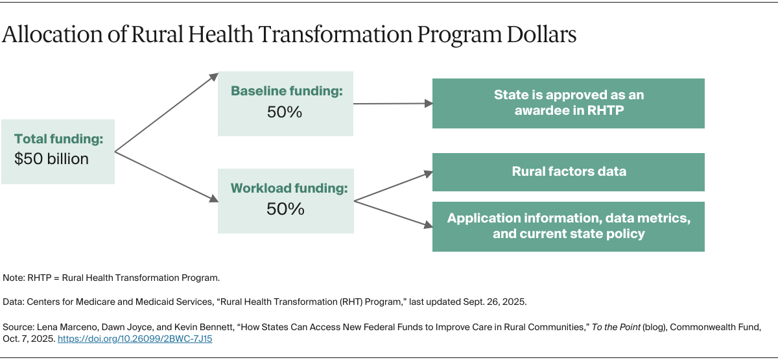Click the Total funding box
tap(58, 151)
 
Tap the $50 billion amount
tap(51, 159)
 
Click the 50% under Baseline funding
tap(285, 112)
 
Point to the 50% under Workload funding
tap(285, 209)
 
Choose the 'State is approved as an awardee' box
tap(568, 103)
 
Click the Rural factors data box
tap(568, 172)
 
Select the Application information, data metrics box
tap(568, 226)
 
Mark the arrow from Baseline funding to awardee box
tap(393, 103)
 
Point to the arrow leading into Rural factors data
tap(393, 186)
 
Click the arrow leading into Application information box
tap(393, 213)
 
